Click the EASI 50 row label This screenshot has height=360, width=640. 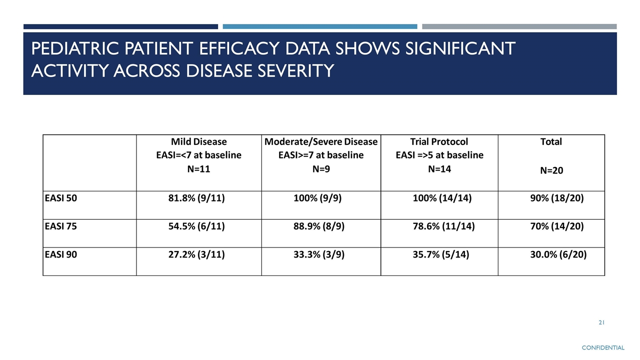61,198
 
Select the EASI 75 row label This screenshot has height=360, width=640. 61,226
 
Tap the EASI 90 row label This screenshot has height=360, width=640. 61,254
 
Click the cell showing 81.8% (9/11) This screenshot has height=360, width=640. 196,198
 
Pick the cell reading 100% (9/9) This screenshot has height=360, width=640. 317,198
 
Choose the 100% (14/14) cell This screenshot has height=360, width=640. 442,198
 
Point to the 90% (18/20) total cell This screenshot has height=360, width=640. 557,198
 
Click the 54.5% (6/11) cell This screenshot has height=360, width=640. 196,226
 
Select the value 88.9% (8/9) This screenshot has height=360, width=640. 319,226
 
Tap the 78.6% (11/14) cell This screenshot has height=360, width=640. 443,226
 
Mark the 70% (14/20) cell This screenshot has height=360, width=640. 557,226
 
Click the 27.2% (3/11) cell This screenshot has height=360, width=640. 196,254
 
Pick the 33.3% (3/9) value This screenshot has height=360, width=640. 319,254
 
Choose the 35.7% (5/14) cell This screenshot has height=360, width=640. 441,254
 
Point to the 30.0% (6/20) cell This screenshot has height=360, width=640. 558,254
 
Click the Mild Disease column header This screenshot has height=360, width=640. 199,141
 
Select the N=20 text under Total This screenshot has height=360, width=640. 551,170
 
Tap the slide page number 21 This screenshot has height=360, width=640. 601,322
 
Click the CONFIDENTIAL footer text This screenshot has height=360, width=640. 603,347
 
